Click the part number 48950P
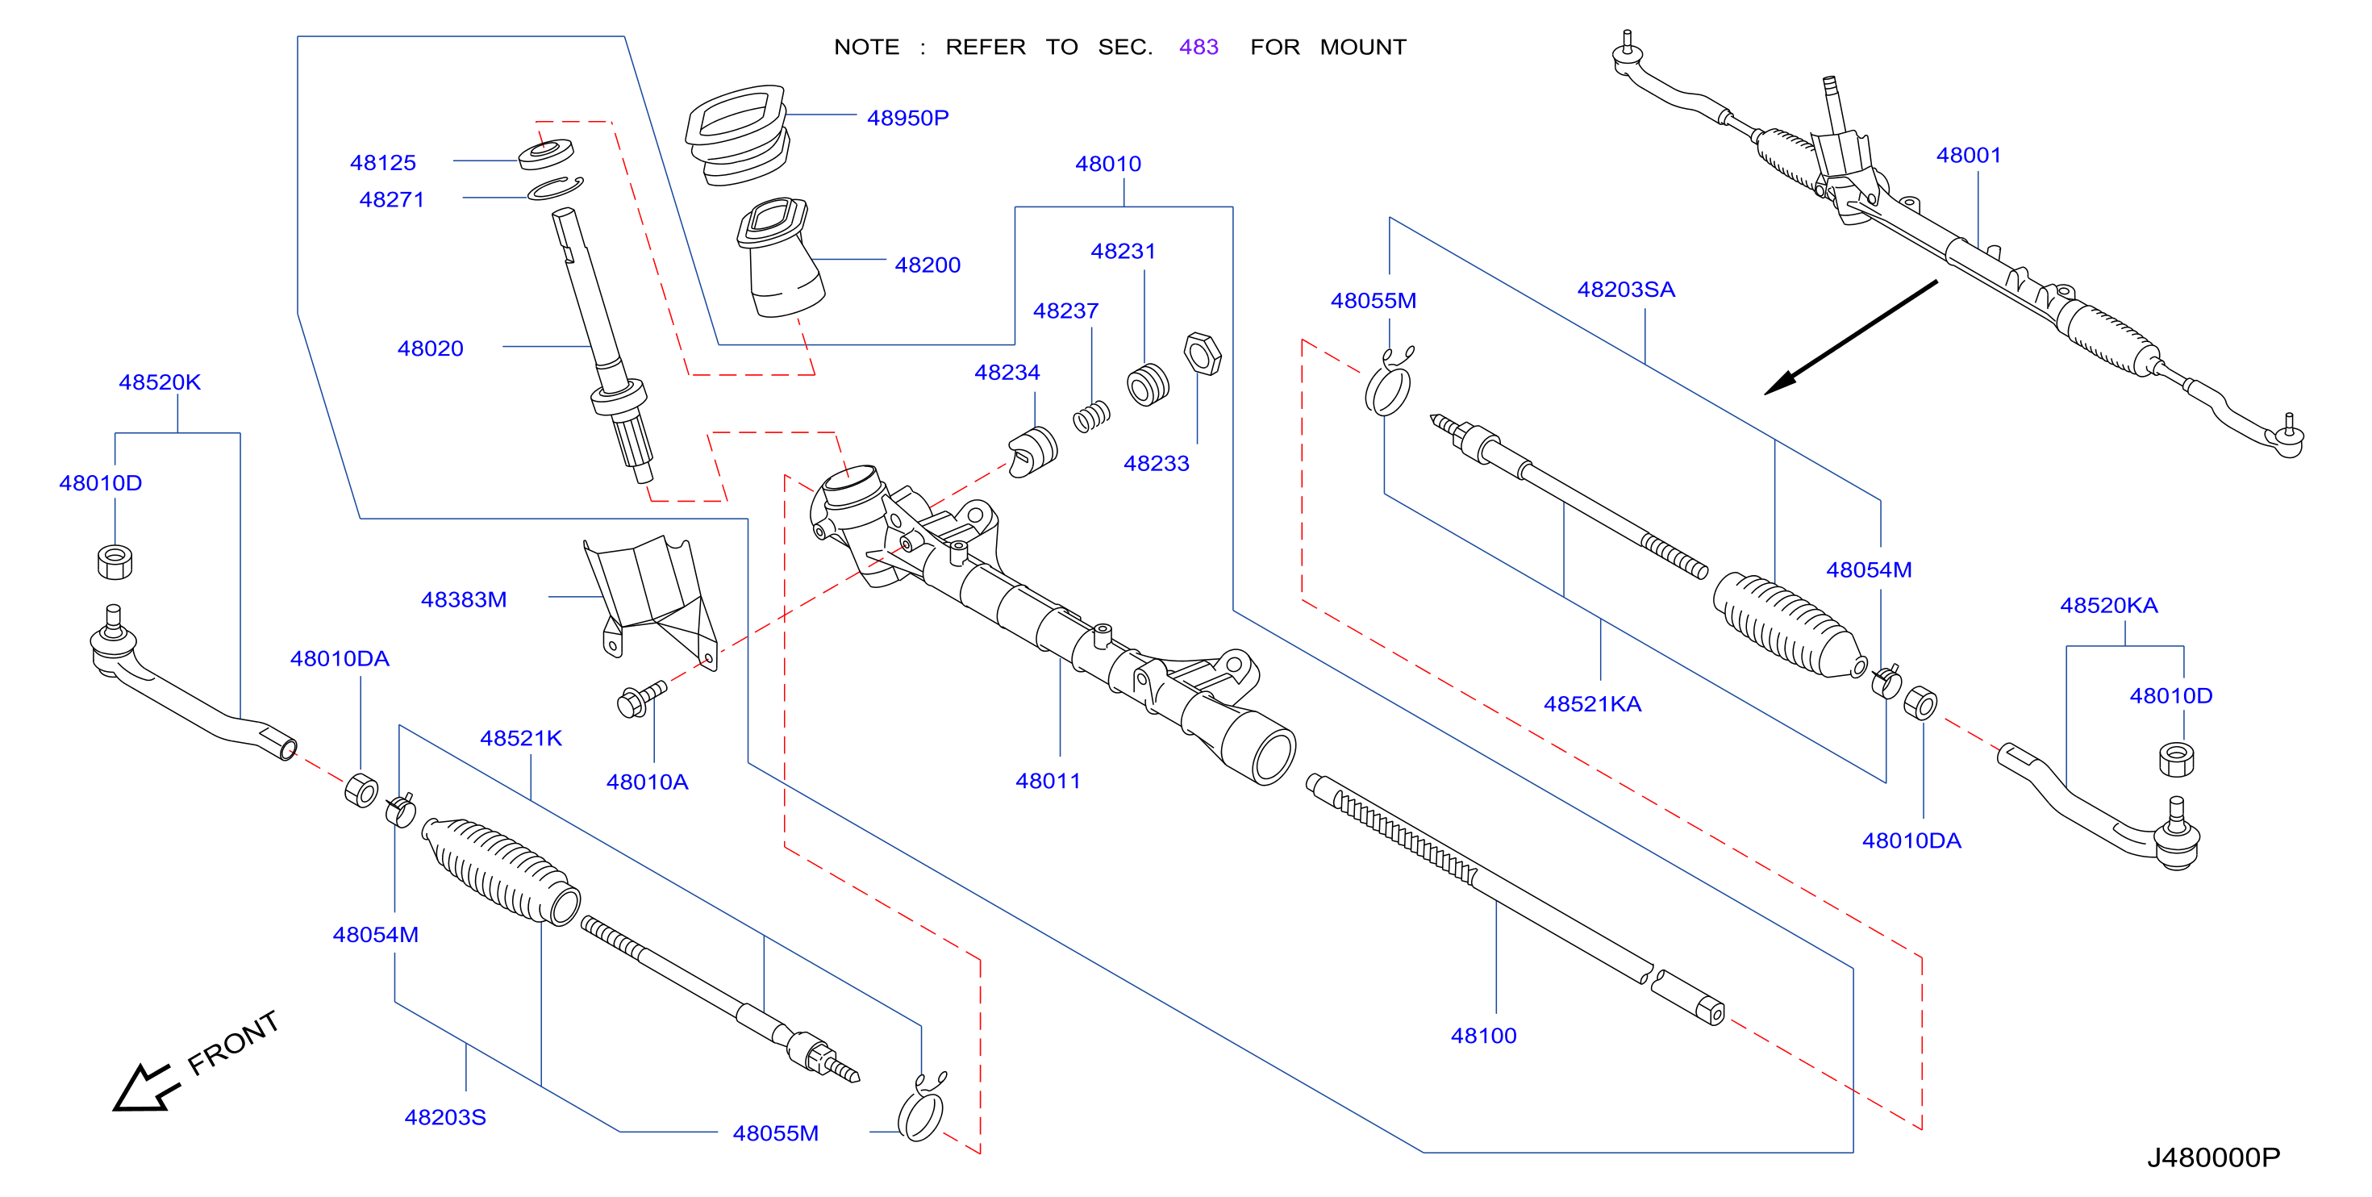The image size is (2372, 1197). (907, 118)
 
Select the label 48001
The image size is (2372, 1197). (1969, 155)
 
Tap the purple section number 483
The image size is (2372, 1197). (1198, 47)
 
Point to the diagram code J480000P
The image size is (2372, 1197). (2214, 1157)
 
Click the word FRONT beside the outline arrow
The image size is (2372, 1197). (233, 1042)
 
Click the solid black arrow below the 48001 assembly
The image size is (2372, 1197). (1851, 338)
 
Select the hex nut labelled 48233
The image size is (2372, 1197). (1203, 353)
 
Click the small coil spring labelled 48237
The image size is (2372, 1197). (1091, 417)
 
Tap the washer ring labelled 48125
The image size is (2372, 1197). (546, 154)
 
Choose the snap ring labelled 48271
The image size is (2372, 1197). (555, 188)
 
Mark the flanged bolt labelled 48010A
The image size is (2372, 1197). (641, 699)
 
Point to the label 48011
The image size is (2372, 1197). (1048, 781)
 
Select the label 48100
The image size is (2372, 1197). (1483, 1036)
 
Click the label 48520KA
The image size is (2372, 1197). (2108, 605)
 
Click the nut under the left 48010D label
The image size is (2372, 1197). (115, 561)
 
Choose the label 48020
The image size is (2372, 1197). (430, 348)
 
